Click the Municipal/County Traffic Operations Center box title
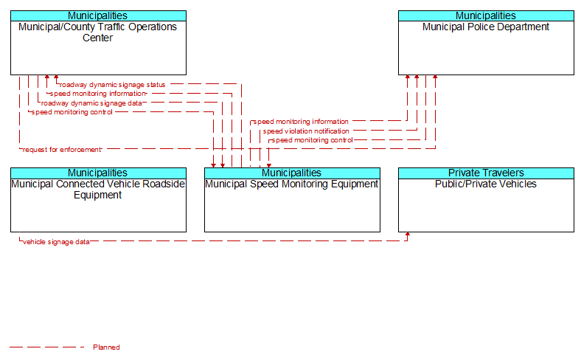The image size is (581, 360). click(98, 32)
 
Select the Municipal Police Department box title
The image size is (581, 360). click(486, 27)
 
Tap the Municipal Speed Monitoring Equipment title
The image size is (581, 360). click(292, 184)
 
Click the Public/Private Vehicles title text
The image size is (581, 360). click(486, 184)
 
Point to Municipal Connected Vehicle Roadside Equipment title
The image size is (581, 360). click(98, 190)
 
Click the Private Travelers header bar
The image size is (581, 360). click(486, 173)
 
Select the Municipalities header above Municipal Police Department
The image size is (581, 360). click(486, 16)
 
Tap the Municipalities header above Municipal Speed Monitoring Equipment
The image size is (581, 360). click(292, 173)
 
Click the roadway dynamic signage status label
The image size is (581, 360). click(112, 85)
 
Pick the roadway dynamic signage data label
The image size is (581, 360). click(91, 103)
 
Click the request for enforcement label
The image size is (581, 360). click(62, 150)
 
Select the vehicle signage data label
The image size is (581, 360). click(56, 242)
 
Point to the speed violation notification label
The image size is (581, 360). click(306, 131)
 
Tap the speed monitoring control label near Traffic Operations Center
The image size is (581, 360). click(72, 112)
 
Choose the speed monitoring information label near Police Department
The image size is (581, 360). click(301, 122)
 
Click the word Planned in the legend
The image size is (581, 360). click(106, 347)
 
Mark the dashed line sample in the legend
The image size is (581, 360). click(47, 347)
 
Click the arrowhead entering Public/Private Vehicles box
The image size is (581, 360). click(408, 235)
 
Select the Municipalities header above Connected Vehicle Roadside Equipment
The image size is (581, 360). click(98, 173)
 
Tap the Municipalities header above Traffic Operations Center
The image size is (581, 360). click(98, 16)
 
